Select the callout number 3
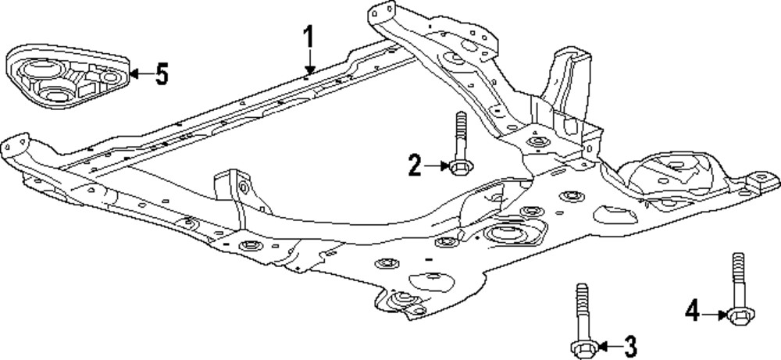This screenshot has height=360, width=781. click(629, 344)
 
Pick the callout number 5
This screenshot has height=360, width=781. click(160, 74)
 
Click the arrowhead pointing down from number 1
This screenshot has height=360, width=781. click(309, 69)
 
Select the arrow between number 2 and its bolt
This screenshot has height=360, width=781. click(436, 165)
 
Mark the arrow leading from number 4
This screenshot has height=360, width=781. click(713, 315)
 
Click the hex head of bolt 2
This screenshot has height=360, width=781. click(458, 166)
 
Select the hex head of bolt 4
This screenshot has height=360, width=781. click(736, 316)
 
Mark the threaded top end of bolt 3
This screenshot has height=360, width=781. click(580, 288)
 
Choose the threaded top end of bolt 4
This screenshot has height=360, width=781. click(736, 258)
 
